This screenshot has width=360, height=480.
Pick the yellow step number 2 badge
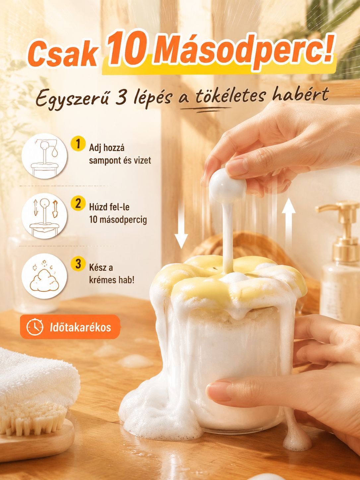[78, 204]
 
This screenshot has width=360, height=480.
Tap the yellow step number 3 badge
[78, 264]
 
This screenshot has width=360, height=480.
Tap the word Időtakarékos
[81, 328]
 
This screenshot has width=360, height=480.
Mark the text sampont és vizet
[120, 160]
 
